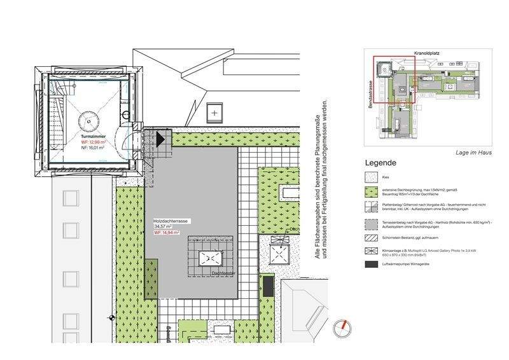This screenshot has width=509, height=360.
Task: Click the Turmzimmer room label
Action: point(93,137)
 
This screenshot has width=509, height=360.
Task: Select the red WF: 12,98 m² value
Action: point(92,142)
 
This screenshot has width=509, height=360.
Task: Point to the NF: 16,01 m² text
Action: point(92,148)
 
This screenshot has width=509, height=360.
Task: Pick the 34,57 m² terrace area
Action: point(163,226)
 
